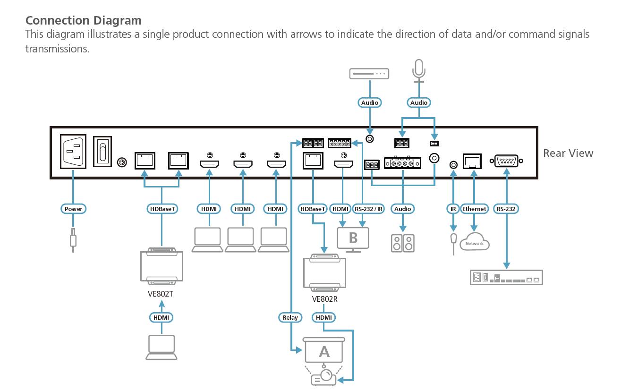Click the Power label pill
pyautogui.click(x=73, y=209)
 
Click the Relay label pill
pyautogui.click(x=290, y=318)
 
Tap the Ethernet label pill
pyautogui.click(x=474, y=209)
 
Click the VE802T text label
pyautogui.click(x=161, y=294)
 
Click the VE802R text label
pyautogui.click(x=324, y=299)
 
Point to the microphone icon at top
pyautogui.click(x=418, y=70)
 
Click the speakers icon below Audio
pyautogui.click(x=403, y=243)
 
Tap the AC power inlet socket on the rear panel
pyautogui.click(x=73, y=151)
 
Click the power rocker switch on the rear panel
pyautogui.click(x=102, y=151)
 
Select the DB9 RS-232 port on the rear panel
pyautogui.click(x=506, y=161)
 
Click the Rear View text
pyautogui.click(x=568, y=153)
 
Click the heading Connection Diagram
pyautogui.click(x=83, y=21)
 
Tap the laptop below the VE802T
pyautogui.click(x=161, y=347)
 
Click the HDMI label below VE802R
pyautogui.click(x=324, y=318)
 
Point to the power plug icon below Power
pyautogui.click(x=73, y=239)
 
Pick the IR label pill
pyautogui.click(x=453, y=209)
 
